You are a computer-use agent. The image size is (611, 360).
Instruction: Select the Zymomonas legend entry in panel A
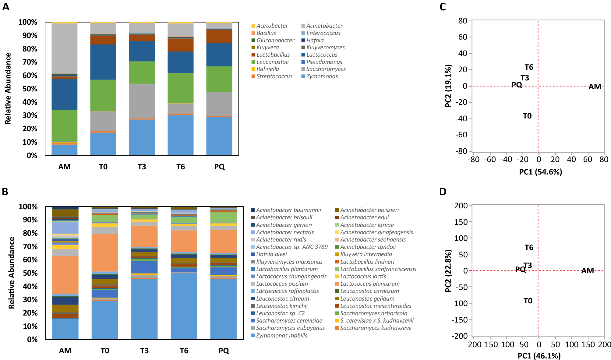point(322,76)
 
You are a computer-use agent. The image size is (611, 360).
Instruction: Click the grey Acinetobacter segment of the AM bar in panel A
point(64,48)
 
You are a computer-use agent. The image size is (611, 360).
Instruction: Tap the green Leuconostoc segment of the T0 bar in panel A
point(103,95)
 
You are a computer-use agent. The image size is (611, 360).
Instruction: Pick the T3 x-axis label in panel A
point(142,167)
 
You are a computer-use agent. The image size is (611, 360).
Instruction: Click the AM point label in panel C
point(595,87)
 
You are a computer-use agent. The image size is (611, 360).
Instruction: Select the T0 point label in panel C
point(527,116)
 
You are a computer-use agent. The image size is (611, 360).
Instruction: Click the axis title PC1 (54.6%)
point(540,172)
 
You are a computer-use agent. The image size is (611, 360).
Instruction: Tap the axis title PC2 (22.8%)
point(448,271)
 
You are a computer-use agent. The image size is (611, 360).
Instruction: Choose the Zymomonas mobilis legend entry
point(281,336)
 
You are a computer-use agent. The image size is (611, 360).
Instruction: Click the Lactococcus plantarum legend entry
point(369,284)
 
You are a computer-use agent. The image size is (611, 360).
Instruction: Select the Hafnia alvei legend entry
point(271,254)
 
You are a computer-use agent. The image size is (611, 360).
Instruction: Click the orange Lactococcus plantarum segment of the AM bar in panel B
point(65,274)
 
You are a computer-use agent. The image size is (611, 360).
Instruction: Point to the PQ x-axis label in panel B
point(224,351)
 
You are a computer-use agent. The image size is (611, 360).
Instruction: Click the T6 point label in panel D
point(529,248)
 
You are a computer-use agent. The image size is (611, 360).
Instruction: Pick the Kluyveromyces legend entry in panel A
point(325,48)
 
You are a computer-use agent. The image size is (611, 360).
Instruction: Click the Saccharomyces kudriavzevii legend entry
point(376,328)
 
